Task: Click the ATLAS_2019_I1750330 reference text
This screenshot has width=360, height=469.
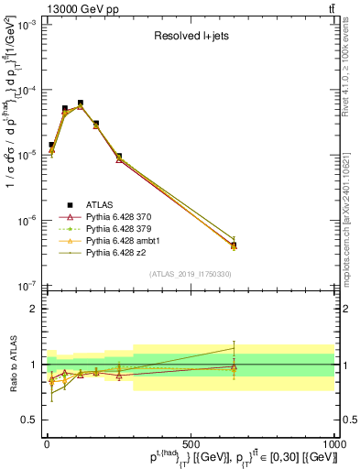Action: pyautogui.click(x=190, y=274)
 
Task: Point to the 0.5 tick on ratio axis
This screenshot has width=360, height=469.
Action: pyautogui.click(x=31, y=420)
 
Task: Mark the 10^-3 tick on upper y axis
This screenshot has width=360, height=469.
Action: pyautogui.click(x=27, y=25)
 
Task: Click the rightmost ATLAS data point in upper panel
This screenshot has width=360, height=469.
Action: pyautogui.click(x=234, y=245)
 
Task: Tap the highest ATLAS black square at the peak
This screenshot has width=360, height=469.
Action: pyautogui.click(x=81, y=104)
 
